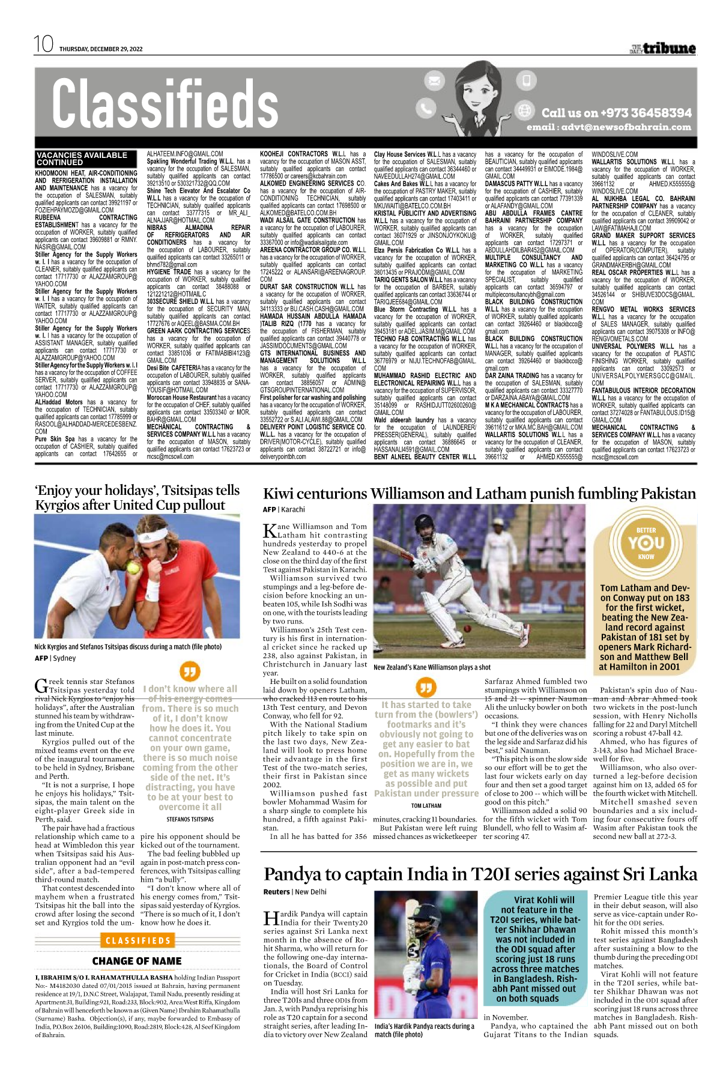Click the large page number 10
coord(44,44)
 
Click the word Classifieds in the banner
coord(165,103)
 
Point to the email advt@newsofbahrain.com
coord(609,127)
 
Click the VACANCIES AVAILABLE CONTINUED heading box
coord(82,159)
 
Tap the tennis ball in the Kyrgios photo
coord(133,567)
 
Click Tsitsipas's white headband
coord(158,534)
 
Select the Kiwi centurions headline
coord(479,494)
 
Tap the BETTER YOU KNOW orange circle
coord(646,544)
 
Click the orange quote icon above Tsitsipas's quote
coord(189,671)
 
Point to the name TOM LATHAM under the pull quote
coord(426,806)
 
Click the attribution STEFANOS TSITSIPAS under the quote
coord(190,819)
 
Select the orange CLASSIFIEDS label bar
coord(138,941)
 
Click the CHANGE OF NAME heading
coord(137,961)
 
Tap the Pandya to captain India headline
coord(480,874)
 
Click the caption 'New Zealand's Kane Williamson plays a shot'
coord(432,667)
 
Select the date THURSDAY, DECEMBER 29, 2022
coord(101,49)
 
